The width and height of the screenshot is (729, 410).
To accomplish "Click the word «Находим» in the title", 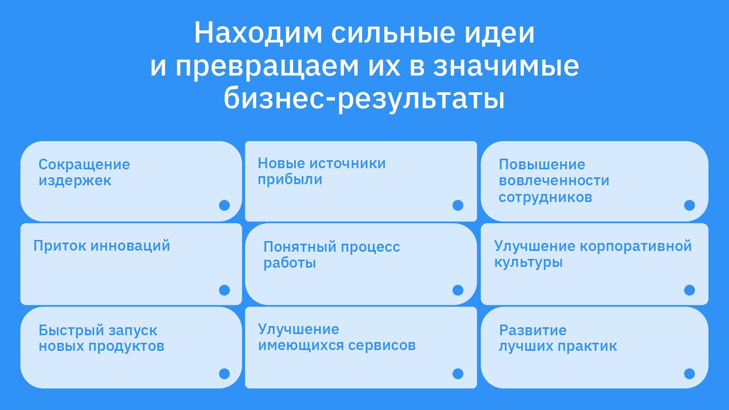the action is pos(258,33).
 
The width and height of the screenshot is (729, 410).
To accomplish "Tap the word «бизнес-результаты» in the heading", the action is pos(364,98).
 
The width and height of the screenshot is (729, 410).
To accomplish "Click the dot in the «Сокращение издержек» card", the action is pos(224,205).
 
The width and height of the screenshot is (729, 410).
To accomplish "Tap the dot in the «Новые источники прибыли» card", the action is pos(458,205).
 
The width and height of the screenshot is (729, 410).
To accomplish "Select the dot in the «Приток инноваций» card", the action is pos(224,290).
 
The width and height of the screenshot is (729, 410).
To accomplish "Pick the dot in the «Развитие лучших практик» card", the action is pos(690,374).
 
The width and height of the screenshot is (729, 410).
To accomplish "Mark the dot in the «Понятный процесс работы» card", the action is pos(458,290).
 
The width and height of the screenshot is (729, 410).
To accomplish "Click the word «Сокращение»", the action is pos(84,164).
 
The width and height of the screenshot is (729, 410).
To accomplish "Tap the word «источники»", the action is pos(348,163).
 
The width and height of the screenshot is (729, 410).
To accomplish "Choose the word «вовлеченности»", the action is pos(554,181).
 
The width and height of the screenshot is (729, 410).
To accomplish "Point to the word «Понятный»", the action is pos(300,247).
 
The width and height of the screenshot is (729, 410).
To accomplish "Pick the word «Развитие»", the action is pos(533,330).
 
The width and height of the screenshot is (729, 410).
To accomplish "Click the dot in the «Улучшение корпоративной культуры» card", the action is pos(690,290).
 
